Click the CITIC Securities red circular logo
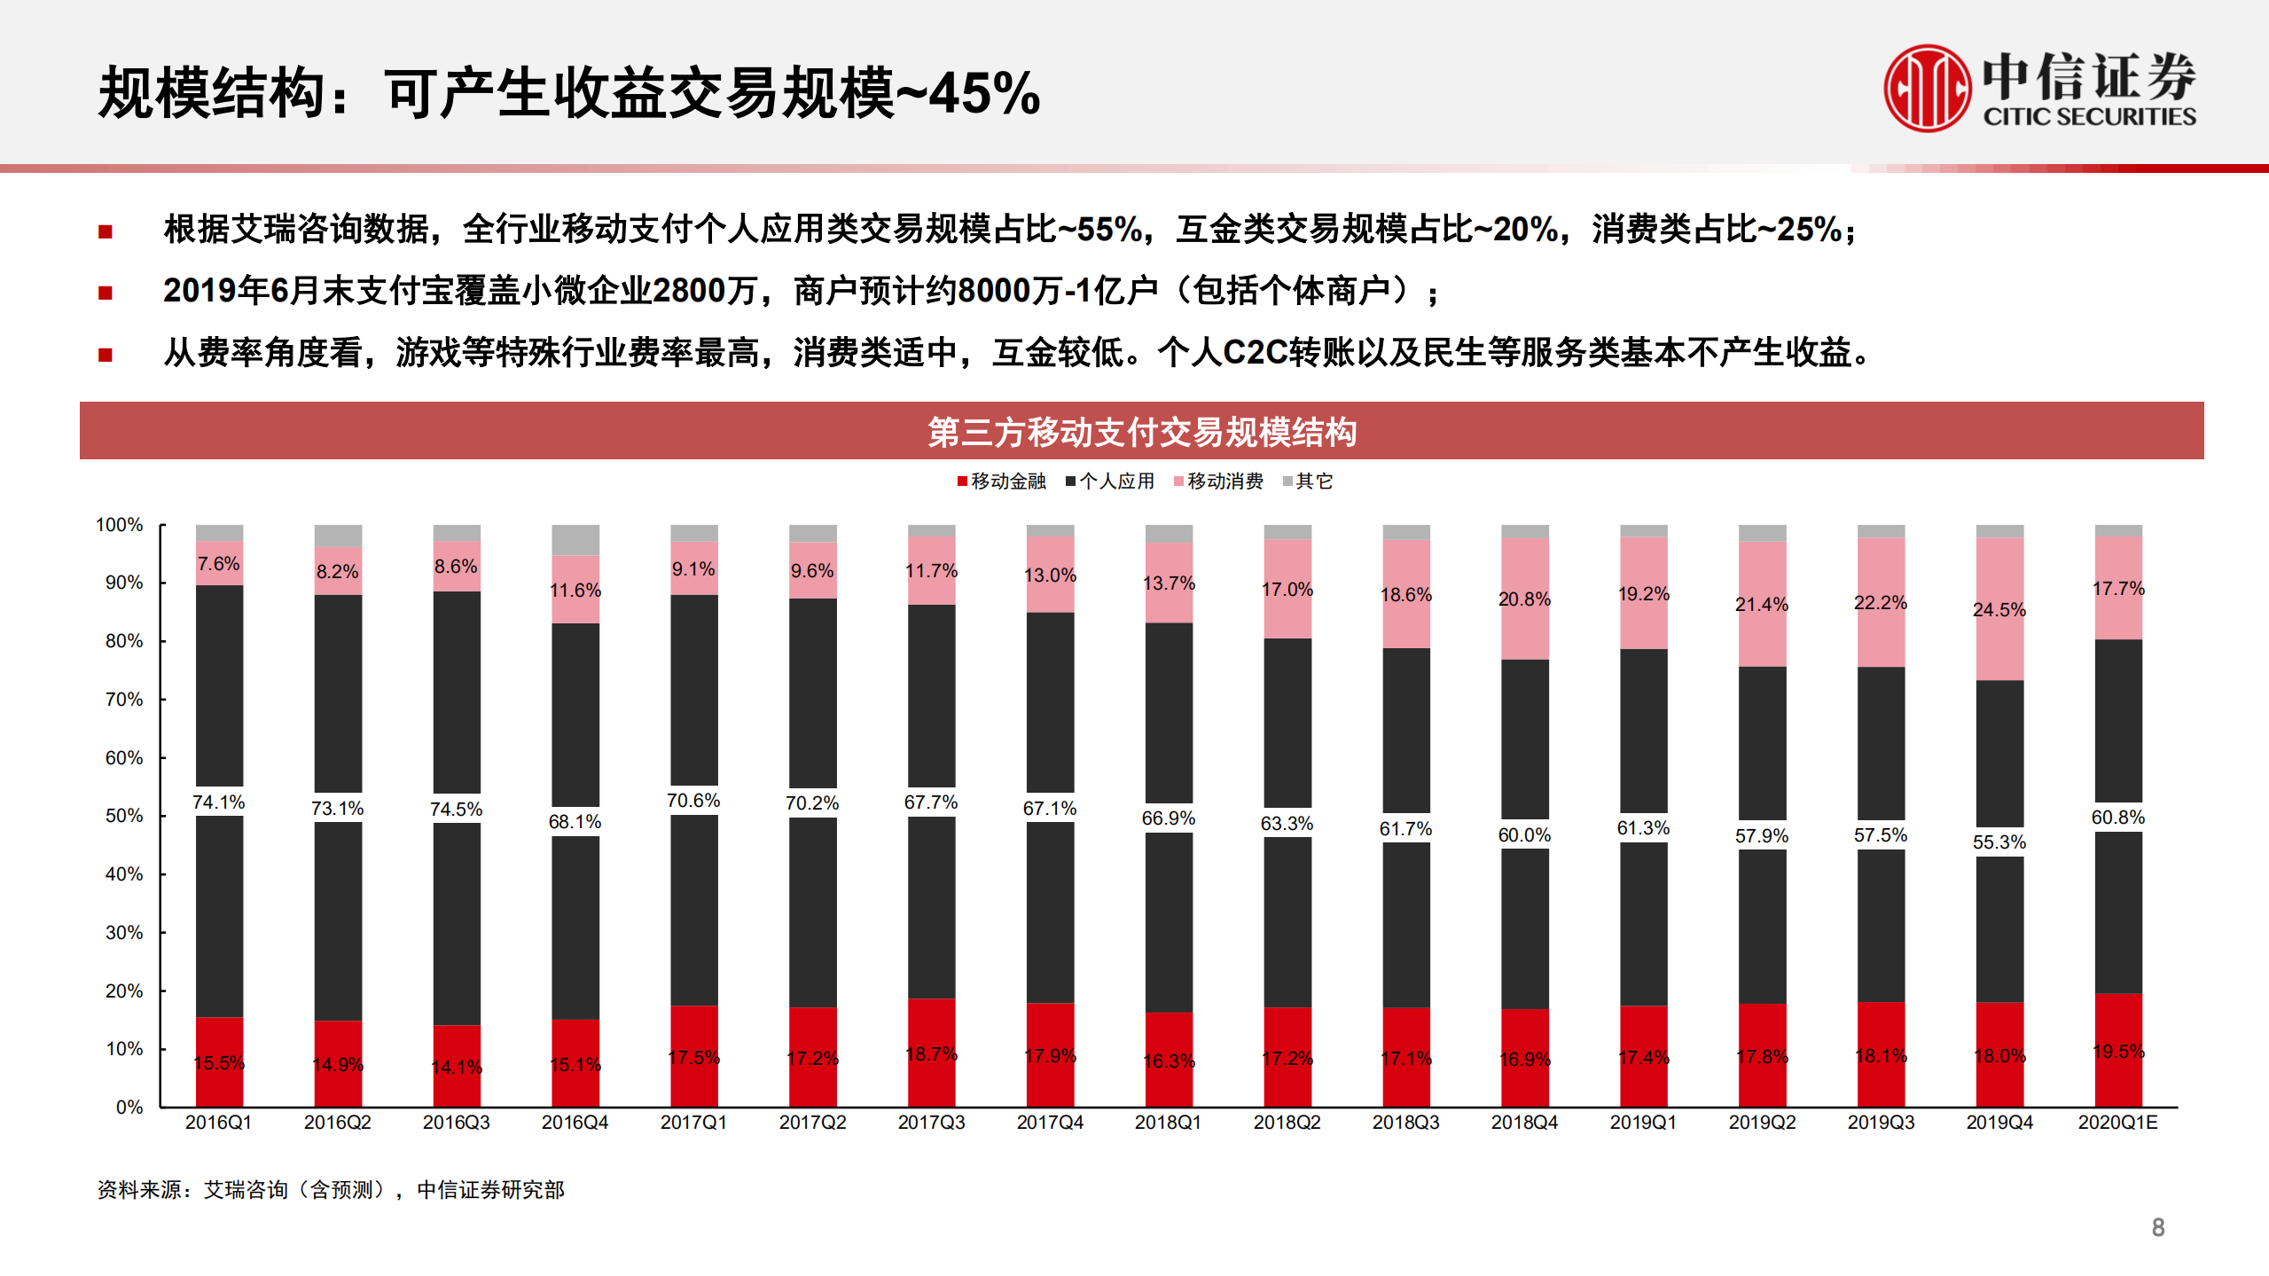pos(1927,89)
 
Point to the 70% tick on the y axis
pos(124,700)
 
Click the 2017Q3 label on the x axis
pos(931,1123)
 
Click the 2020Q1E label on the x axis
pos(2117,1123)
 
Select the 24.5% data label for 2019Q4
pos(1999,610)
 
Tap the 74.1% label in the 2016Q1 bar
pos(218,802)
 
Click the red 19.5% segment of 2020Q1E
pos(2118,1052)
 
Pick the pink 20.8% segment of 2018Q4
pos(1524,599)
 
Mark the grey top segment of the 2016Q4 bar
pos(575,539)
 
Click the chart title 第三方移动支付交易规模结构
pos(1141,432)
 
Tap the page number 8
pos(2157,1228)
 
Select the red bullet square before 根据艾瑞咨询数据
pos(106,232)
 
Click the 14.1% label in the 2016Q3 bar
pos(457,1068)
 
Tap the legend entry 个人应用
pos(1110,481)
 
